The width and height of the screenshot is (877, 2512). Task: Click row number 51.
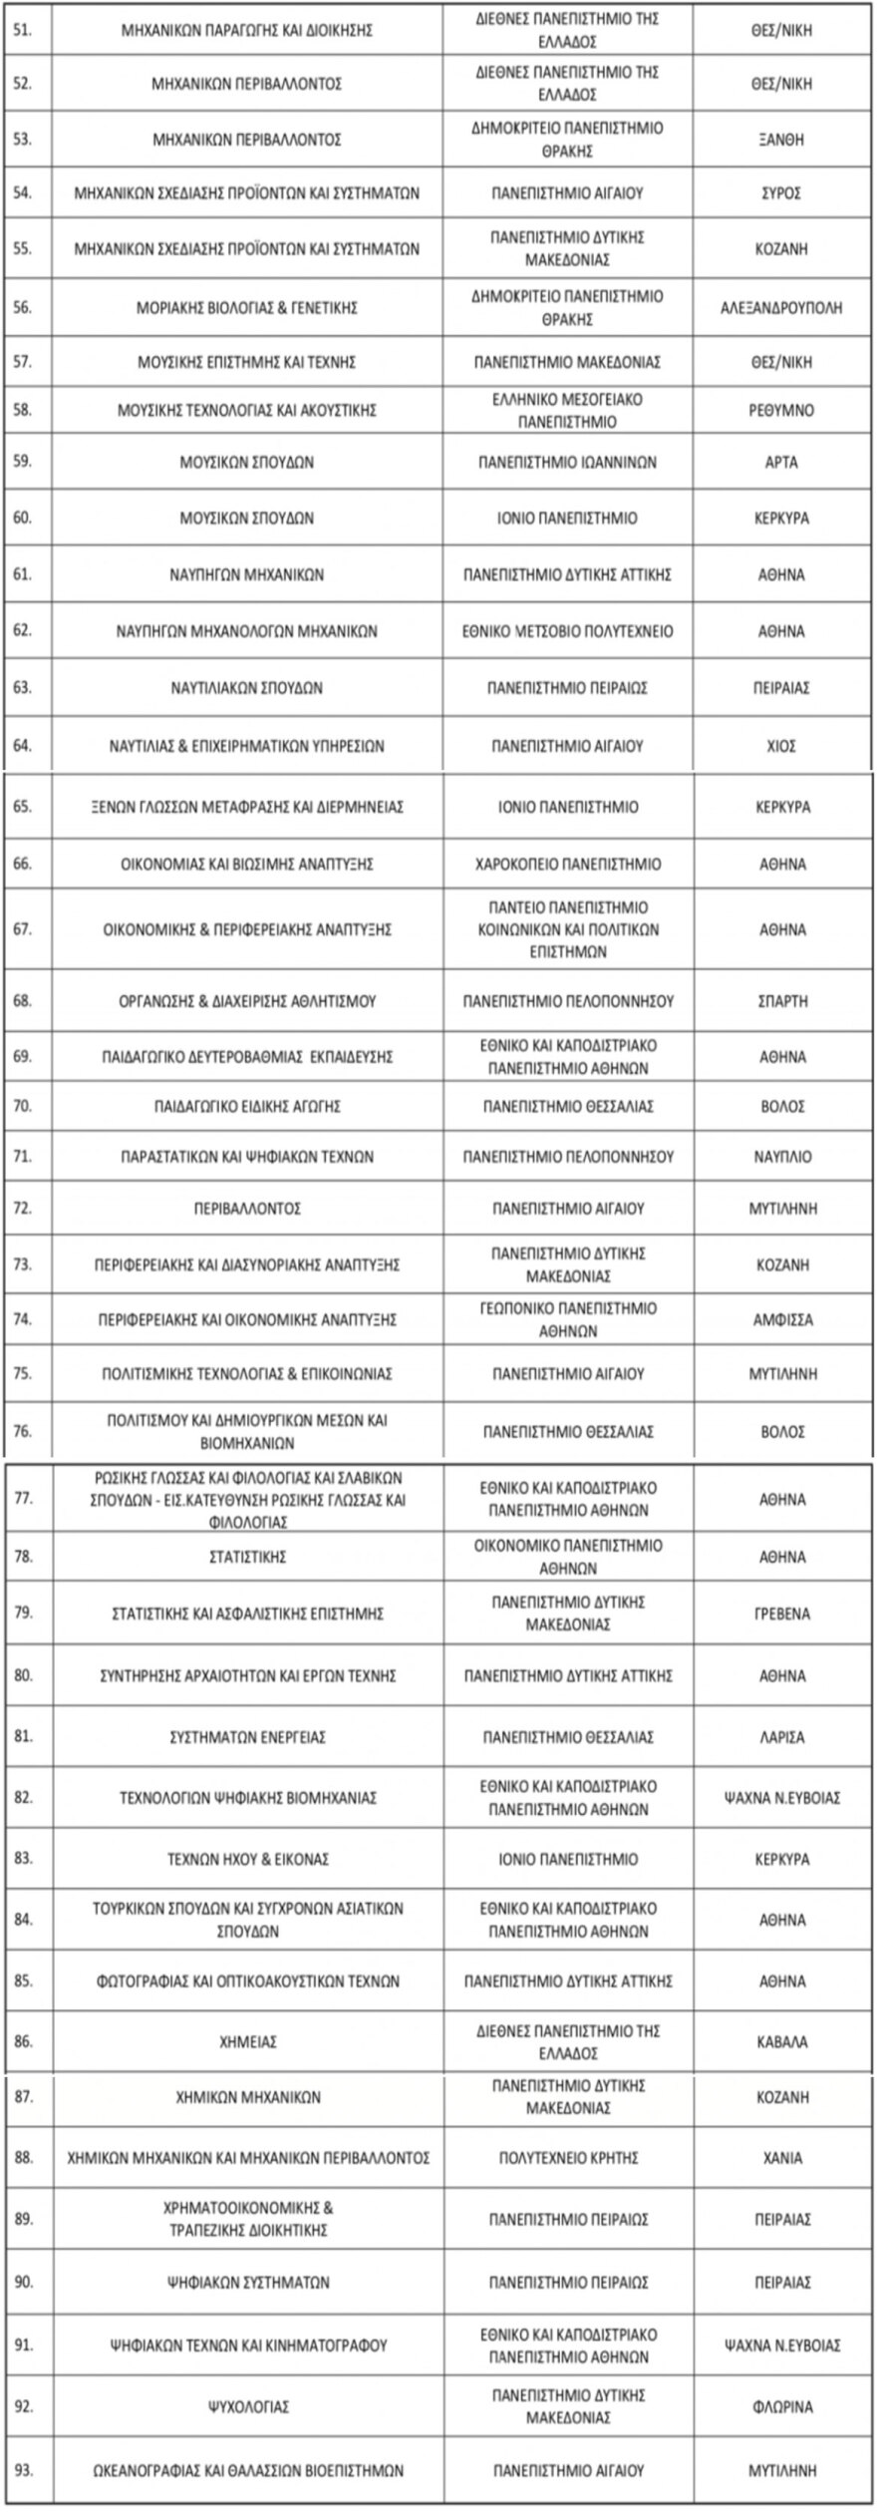pyautogui.click(x=22, y=30)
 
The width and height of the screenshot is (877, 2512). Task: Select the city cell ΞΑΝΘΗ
pyautogui.click(x=780, y=140)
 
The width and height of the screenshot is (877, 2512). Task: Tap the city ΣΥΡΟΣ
pyautogui.click(x=780, y=193)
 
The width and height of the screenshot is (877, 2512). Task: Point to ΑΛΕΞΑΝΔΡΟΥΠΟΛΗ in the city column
pyautogui.click(x=780, y=307)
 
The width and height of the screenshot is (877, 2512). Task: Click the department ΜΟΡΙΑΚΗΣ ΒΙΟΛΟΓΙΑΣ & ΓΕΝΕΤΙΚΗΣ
pyautogui.click(x=246, y=307)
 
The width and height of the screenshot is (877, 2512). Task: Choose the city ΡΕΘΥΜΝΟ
pyautogui.click(x=780, y=410)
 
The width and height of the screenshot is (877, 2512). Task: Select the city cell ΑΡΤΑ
pyautogui.click(x=780, y=463)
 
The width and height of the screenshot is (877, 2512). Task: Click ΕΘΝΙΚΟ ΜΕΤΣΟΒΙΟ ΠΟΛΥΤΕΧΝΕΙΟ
pyautogui.click(x=567, y=631)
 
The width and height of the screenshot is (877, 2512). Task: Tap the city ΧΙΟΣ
pyautogui.click(x=780, y=746)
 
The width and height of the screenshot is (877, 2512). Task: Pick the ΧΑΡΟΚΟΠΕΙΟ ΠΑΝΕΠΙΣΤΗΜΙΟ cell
pyautogui.click(x=567, y=864)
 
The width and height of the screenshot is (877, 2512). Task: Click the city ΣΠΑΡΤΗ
pyautogui.click(x=780, y=1001)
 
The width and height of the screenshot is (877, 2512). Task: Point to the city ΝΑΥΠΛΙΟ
pyautogui.click(x=780, y=1157)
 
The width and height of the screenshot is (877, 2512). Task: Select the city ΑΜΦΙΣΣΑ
pyautogui.click(x=780, y=1319)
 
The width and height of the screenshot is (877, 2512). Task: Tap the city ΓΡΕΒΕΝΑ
pyautogui.click(x=780, y=1614)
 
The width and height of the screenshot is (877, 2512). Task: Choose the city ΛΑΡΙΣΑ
pyautogui.click(x=780, y=1737)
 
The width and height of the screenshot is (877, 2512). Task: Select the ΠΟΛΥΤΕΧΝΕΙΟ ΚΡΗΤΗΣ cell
pyautogui.click(x=567, y=2158)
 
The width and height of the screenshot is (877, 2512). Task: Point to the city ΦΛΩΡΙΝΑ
pyautogui.click(x=780, y=2406)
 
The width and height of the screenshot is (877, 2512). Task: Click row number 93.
pyautogui.click(x=22, y=2470)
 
